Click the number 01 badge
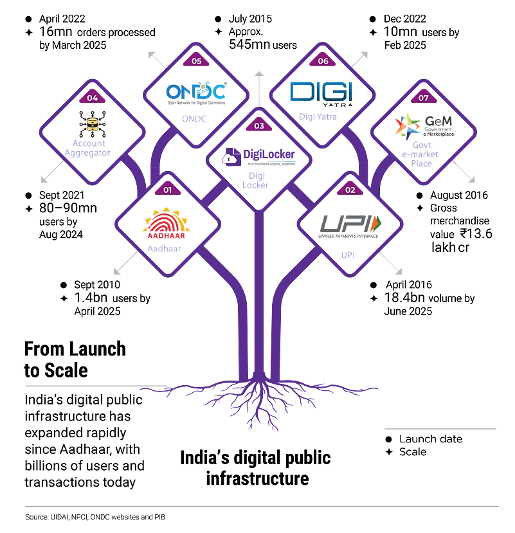168,190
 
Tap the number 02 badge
350,190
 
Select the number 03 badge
259,125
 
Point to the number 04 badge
93,98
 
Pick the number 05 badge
196,61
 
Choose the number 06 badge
323,61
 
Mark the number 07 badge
423,98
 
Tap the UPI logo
350,224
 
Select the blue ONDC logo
196,94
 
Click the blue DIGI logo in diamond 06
321,92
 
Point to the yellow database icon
93,124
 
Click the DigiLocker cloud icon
230,159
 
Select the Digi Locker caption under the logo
257,179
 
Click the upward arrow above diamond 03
259,80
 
